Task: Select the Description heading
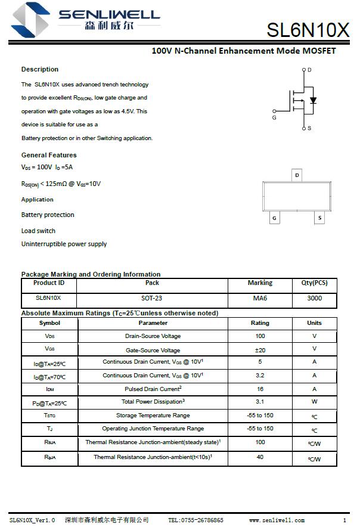[x=40, y=69]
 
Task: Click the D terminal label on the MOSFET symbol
[x=309, y=70]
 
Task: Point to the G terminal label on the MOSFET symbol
[x=274, y=118]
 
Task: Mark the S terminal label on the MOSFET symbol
[x=309, y=128]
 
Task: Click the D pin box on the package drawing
[x=297, y=175]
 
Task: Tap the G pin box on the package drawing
[x=274, y=218]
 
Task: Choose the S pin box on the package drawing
[x=319, y=218]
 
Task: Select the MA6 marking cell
[x=260, y=298]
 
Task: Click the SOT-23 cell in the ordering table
[x=152, y=298]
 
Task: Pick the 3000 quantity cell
[x=314, y=298]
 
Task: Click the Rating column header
[x=260, y=323]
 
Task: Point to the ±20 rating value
[x=260, y=350]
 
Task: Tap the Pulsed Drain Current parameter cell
[x=152, y=389]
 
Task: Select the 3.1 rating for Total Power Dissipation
[x=260, y=402]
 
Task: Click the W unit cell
[x=314, y=402]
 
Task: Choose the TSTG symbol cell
[x=49, y=416]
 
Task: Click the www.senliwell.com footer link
[x=277, y=520]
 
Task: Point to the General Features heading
[x=49, y=155]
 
